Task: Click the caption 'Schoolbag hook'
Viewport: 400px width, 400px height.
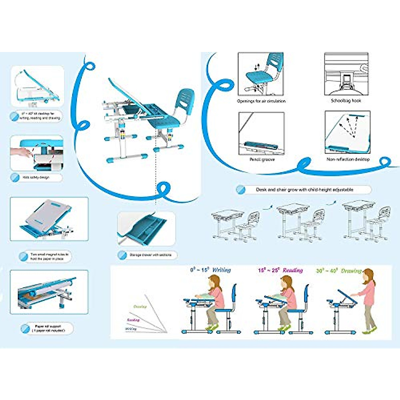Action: [x=346, y=100]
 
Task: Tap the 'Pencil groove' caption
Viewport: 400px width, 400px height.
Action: [x=262, y=160]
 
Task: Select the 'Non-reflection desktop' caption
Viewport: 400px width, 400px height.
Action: [x=348, y=159]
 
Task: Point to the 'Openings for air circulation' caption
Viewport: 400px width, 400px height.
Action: [x=261, y=101]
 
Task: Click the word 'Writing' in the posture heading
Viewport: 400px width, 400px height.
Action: [x=221, y=270]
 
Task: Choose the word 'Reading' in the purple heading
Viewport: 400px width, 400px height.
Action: [x=293, y=270]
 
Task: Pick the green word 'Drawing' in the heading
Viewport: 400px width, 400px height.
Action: [x=351, y=271]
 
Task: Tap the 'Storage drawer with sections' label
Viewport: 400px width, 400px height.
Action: [x=150, y=255]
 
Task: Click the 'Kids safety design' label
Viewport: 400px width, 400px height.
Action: [x=36, y=177]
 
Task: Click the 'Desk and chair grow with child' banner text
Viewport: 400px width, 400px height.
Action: [x=304, y=190]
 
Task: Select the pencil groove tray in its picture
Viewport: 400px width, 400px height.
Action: [x=261, y=146]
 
